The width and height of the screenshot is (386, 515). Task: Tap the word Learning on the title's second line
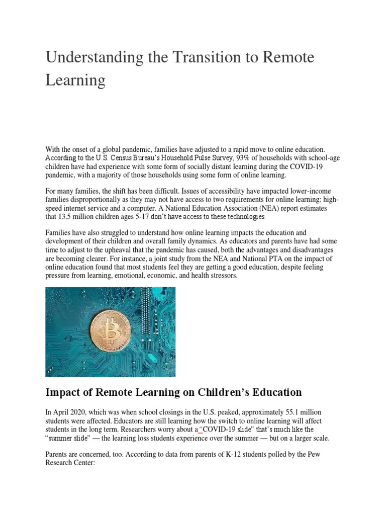tap(75, 80)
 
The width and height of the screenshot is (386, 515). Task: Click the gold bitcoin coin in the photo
tap(110, 330)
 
